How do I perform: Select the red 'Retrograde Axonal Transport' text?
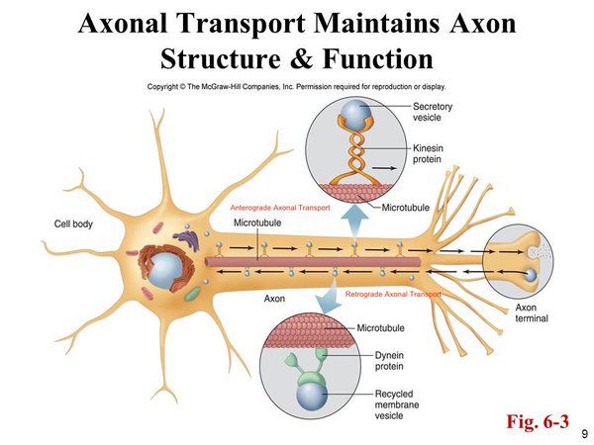[392, 294]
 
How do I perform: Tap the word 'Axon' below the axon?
[275, 298]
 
